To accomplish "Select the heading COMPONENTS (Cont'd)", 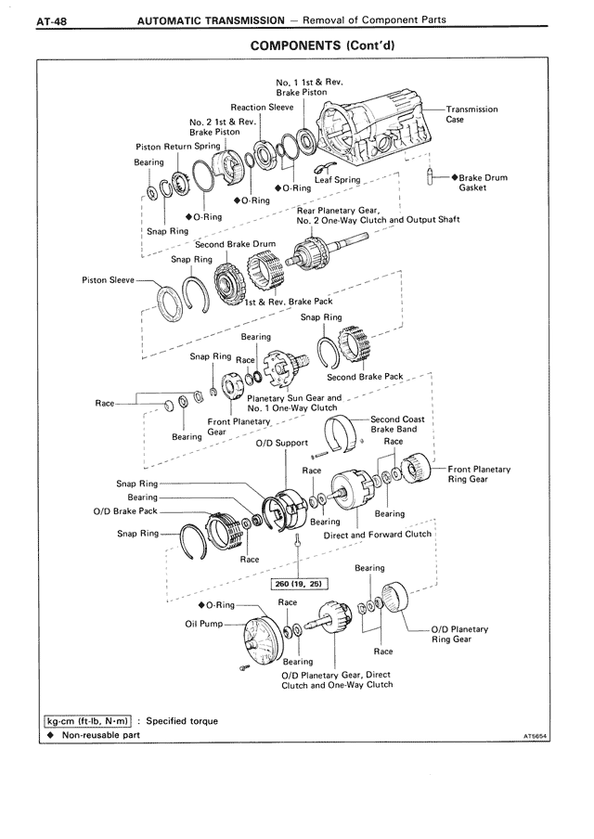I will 329,45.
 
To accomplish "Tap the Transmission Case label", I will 471,114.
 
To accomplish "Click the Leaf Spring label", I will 337,180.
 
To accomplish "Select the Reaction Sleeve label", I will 262,108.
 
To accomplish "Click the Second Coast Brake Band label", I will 397,424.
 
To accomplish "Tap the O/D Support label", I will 281,443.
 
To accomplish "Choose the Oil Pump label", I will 204,623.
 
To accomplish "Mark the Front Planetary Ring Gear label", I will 479,474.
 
